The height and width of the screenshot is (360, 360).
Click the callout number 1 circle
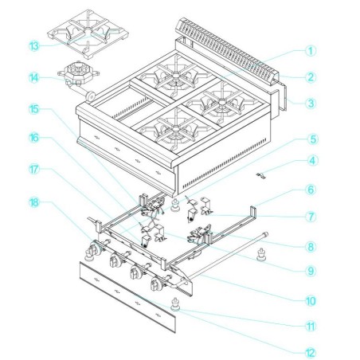[x=311, y=49]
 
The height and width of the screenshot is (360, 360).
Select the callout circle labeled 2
[x=311, y=76]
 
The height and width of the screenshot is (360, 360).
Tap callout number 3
[x=311, y=103]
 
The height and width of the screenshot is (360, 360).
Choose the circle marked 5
[x=311, y=138]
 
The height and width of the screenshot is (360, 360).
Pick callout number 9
[x=311, y=271]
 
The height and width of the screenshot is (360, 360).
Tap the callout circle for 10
[x=311, y=300]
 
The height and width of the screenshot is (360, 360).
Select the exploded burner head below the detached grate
[x=78, y=76]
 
